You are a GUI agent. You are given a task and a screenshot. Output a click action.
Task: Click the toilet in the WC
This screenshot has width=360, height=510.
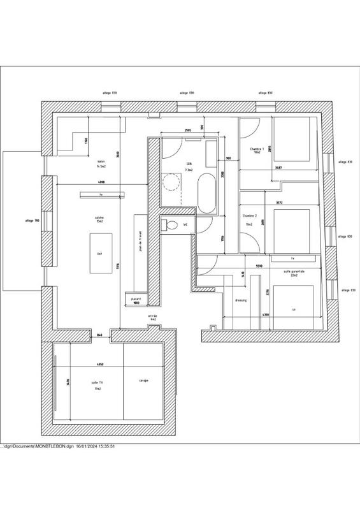pos(169,224)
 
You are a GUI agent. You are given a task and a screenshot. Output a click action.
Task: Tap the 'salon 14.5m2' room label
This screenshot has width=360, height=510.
pos(101,164)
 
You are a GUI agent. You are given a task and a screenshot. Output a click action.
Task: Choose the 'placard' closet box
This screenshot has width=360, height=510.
pos(136,300)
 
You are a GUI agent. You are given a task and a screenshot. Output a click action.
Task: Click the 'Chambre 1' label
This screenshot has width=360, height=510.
pos(257,150)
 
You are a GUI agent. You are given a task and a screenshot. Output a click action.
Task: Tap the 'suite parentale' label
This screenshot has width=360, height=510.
pos(294,272)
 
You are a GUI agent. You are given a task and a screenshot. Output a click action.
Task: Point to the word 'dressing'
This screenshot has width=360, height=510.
pos(241,300)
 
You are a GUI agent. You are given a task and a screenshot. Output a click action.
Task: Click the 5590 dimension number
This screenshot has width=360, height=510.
pos(259,265)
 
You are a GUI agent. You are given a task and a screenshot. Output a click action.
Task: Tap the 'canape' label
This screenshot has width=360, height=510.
pos(144,381)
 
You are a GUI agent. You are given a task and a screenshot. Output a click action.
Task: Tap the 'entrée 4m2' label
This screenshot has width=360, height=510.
pos(152,316)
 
